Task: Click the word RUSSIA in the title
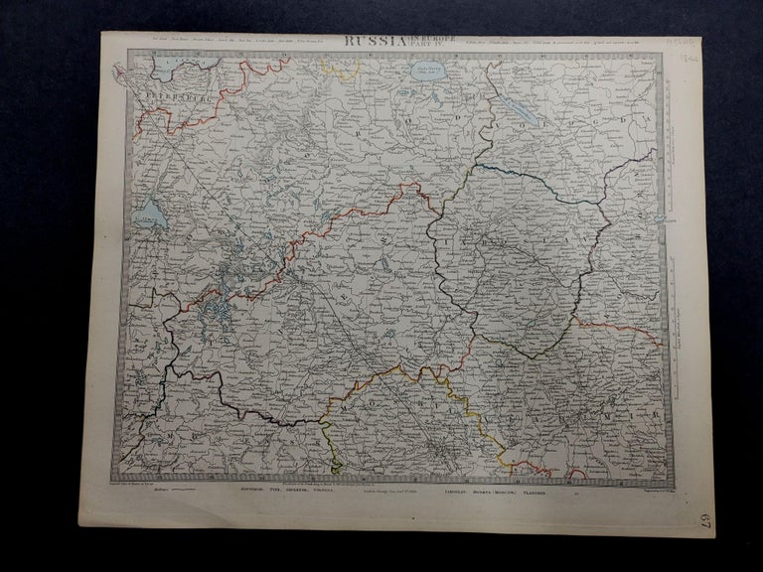click(377, 42)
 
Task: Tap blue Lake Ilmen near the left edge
click(148, 214)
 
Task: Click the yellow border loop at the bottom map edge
click(333, 452)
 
